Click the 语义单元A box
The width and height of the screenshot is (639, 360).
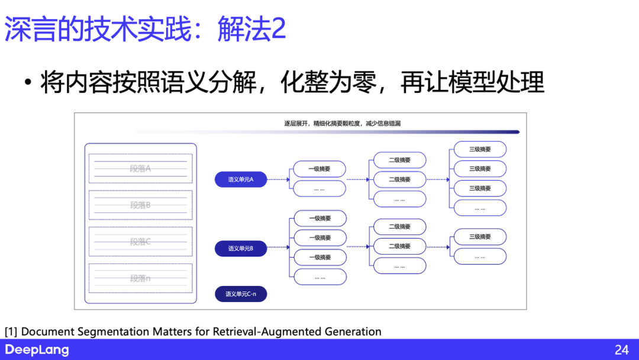tap(241, 179)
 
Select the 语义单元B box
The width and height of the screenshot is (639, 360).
tap(241, 249)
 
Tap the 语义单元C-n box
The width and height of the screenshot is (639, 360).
tap(241, 294)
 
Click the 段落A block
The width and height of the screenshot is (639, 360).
tap(140, 168)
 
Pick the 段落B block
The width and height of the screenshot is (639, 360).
tap(140, 205)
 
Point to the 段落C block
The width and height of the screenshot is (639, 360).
tap(140, 242)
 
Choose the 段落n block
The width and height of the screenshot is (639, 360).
tap(140, 278)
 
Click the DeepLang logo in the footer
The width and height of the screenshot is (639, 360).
tap(37, 350)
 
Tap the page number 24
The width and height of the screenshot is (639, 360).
tap(621, 350)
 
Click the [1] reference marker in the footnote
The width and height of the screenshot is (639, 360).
tap(11, 332)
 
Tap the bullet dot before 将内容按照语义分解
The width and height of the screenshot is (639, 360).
tap(28, 83)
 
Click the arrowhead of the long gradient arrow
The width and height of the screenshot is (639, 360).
tap(517, 132)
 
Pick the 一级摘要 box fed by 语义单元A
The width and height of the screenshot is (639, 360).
tap(319, 169)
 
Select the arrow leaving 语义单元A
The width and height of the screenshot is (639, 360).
tap(277, 179)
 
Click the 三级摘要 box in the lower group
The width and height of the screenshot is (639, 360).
tap(480, 237)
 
